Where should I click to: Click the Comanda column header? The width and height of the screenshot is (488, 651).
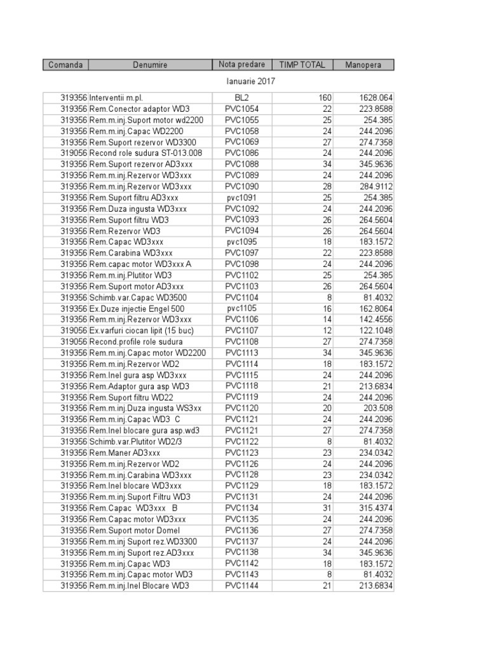pyautogui.click(x=65, y=65)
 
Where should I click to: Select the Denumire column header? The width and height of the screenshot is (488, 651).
pyautogui.click(x=151, y=65)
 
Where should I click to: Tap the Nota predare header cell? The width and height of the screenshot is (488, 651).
pyautogui.click(x=242, y=65)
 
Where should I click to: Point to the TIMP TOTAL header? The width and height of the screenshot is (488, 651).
pyautogui.click(x=302, y=65)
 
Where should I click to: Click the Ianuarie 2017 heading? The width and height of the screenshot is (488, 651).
pyautogui.click(x=251, y=81)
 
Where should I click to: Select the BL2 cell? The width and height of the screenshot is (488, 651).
pyautogui.click(x=242, y=98)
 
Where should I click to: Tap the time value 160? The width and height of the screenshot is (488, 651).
pyautogui.click(x=325, y=98)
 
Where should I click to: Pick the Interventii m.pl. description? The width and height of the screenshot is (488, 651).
pyautogui.click(x=116, y=98)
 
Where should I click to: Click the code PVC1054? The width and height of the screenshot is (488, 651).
pyautogui.click(x=242, y=109)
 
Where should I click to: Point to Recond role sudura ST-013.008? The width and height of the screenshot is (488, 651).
pyautogui.click(x=146, y=153)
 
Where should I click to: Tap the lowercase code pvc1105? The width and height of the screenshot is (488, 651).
pyautogui.click(x=242, y=308)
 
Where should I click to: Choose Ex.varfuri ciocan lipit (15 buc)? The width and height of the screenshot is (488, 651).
pyautogui.click(x=142, y=331)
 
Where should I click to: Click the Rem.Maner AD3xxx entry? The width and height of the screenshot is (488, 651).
pyautogui.click(x=125, y=453)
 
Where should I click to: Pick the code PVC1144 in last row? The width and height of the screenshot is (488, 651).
pyautogui.click(x=242, y=586)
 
